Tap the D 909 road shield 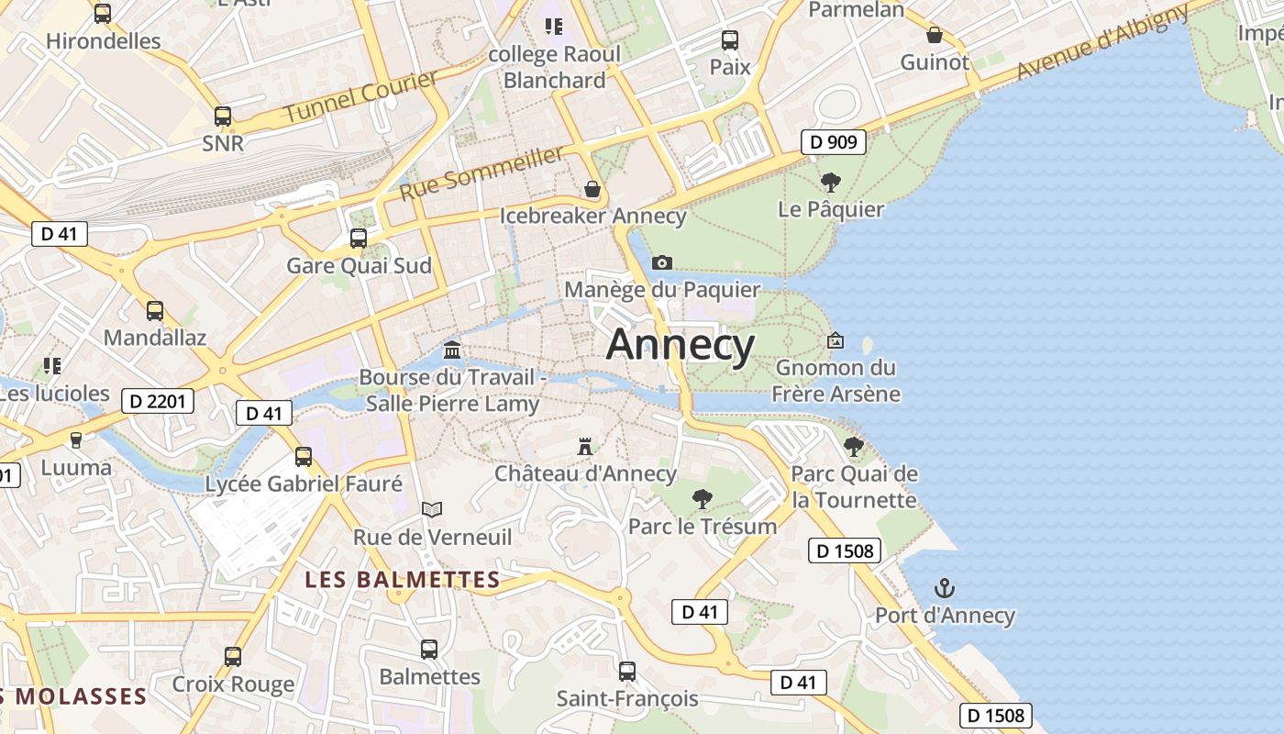pos(834,142)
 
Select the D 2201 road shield pos(158,401)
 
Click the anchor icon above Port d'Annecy pos(944,588)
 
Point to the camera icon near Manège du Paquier pos(661,263)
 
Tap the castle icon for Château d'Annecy pos(585,447)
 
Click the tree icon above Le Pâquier pos(831,182)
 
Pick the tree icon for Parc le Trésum pos(703,499)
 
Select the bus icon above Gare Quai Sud pos(359,239)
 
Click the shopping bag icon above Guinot pos(935,35)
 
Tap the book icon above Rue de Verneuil pos(432,509)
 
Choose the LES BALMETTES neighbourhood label pos(403,580)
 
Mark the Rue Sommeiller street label pos(481,173)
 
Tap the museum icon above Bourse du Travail pos(452,350)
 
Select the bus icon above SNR pos(223,117)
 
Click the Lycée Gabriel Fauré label pos(304,484)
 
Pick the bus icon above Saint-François pos(627,672)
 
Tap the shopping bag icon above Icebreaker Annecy pos(592,189)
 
